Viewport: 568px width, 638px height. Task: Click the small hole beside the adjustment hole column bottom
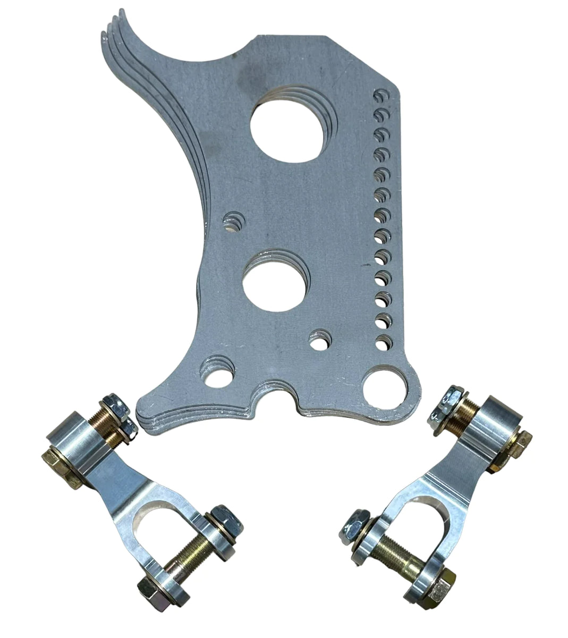pos(319,341)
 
